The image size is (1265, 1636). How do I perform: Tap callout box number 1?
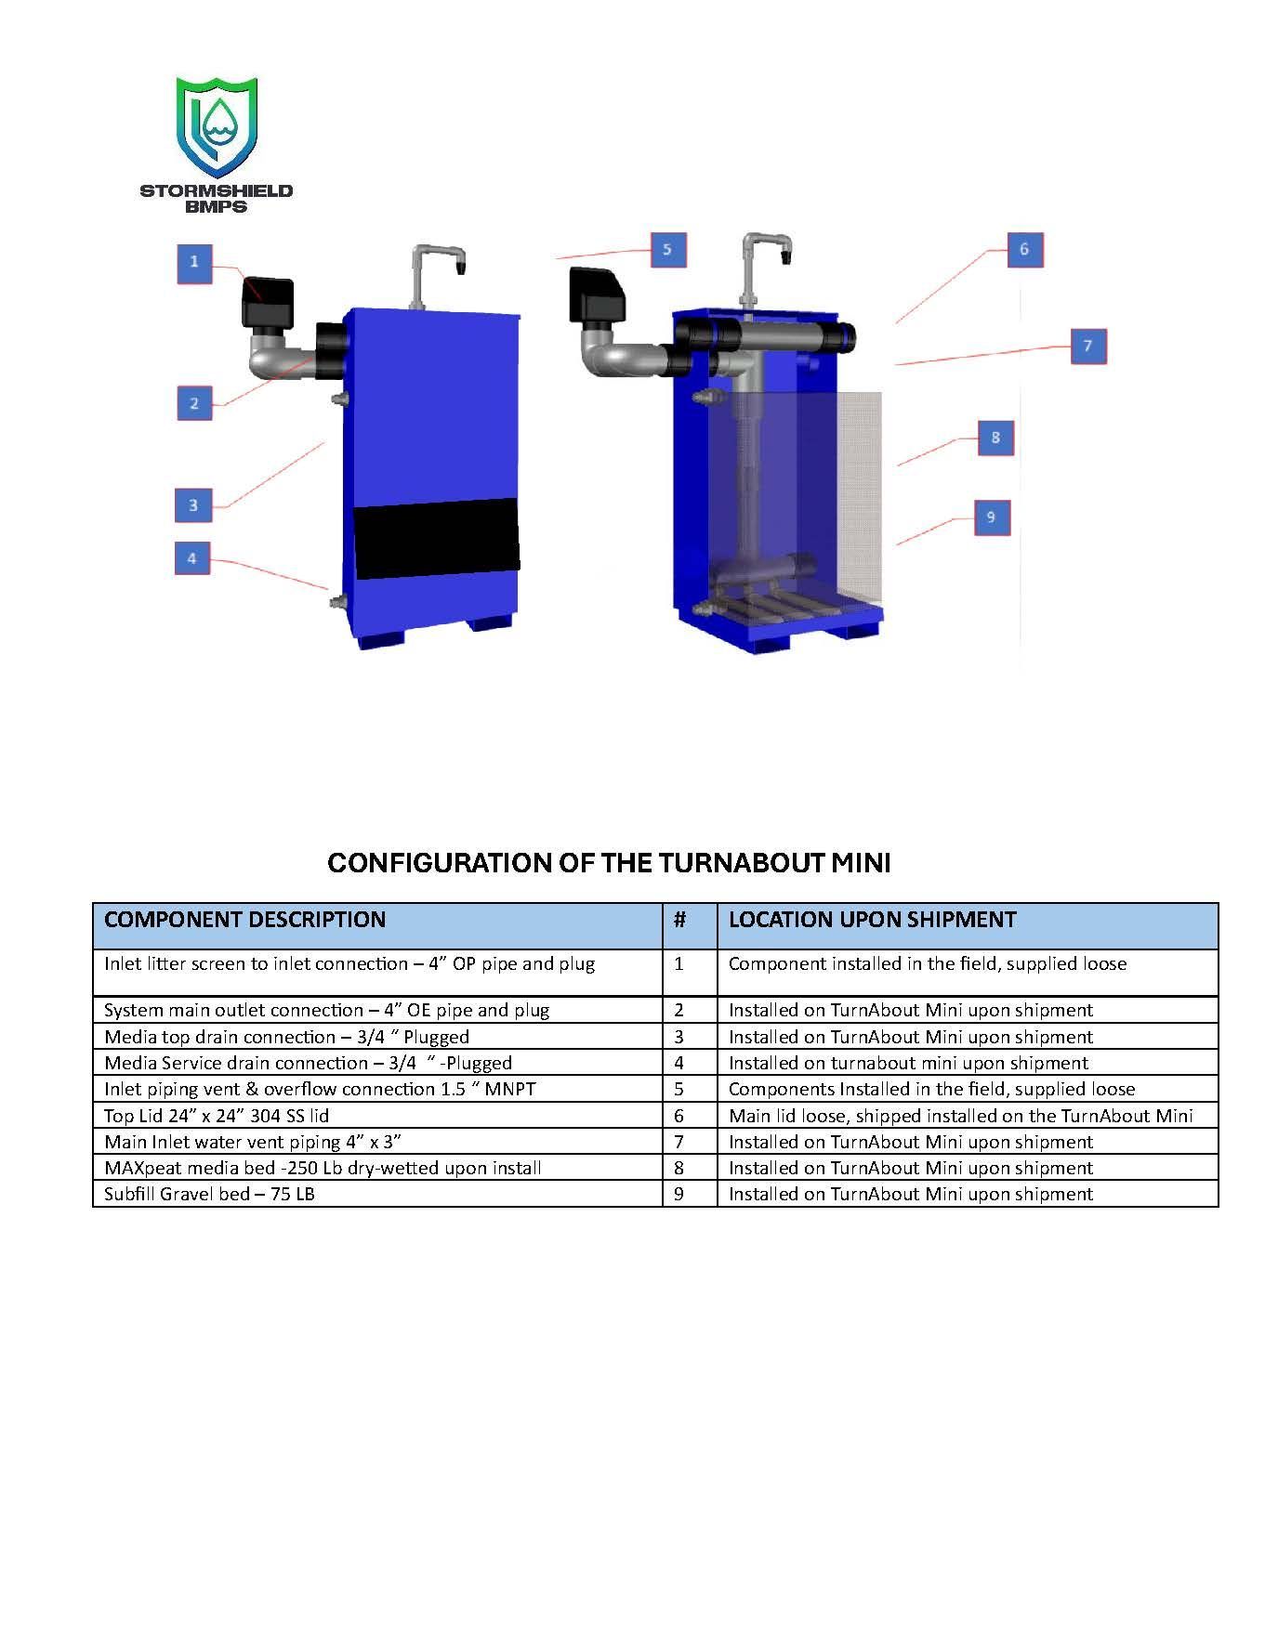[x=194, y=263]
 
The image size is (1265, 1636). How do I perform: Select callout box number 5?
[x=667, y=250]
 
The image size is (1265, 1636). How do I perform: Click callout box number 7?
[x=1087, y=347]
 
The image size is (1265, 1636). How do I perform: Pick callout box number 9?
[x=991, y=517]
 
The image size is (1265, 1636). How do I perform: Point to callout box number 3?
[x=193, y=505]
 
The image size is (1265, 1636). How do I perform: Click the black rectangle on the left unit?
[x=436, y=538]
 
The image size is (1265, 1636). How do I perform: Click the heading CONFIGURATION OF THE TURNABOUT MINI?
[x=609, y=863]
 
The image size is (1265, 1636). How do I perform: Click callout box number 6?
[x=1024, y=250]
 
